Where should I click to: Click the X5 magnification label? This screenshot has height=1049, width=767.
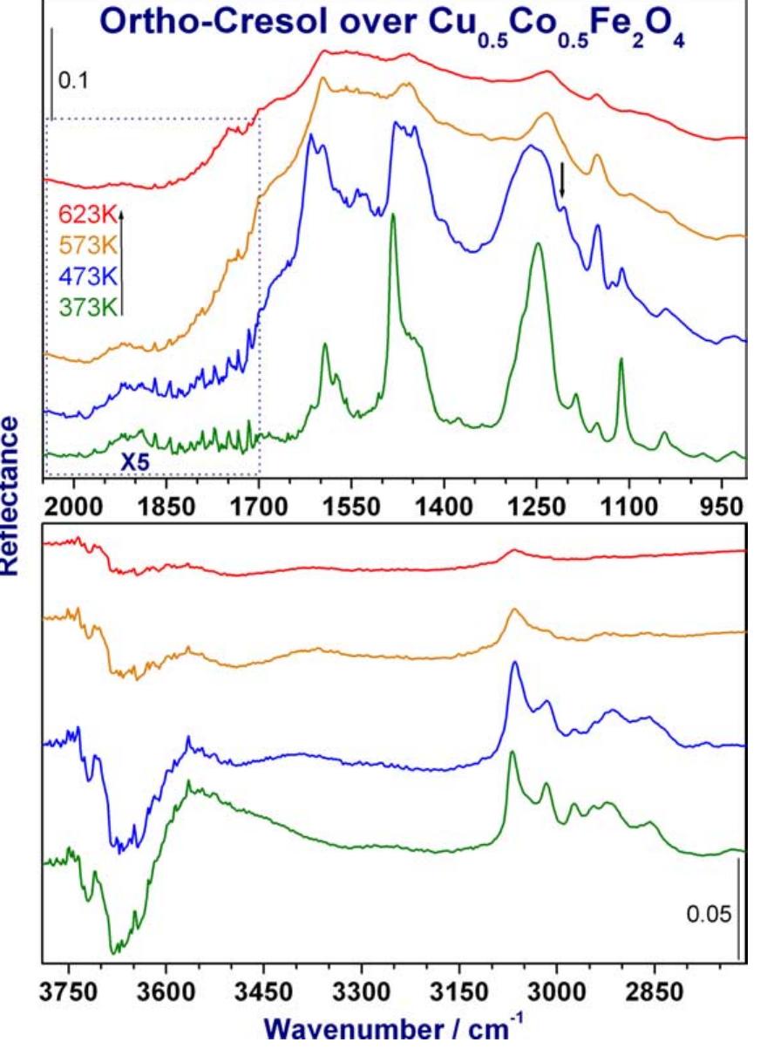click(136, 463)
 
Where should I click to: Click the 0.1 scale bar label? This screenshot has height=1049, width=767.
click(72, 84)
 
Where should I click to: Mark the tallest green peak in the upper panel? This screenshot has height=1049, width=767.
click(393, 216)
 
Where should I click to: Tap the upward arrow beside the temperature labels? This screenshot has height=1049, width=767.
click(122, 262)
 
